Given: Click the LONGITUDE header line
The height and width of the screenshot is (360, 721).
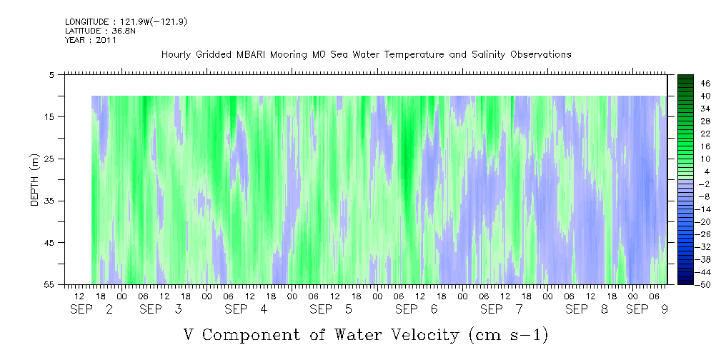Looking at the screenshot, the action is pos(126,21).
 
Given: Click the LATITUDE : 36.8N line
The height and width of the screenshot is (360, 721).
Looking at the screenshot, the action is pos(100,31).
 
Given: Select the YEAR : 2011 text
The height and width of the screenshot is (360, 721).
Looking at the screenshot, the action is pos(91,40).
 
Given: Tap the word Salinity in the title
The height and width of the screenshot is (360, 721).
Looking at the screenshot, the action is pos(487,55).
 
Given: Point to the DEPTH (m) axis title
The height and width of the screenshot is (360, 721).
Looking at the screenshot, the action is pos(36,180).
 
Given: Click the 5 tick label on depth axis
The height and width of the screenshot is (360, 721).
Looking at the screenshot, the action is pos(51,75).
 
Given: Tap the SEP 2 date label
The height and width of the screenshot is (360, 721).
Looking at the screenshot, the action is pos(91,309).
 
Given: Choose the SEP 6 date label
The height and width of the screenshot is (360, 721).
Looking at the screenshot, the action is pos(417,309).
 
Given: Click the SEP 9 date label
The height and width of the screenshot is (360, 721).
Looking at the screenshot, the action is pos(647,309).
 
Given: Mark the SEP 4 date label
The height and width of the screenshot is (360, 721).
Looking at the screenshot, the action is pos(246,309).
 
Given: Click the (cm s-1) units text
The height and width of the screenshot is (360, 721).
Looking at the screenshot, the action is pos(509,335).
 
